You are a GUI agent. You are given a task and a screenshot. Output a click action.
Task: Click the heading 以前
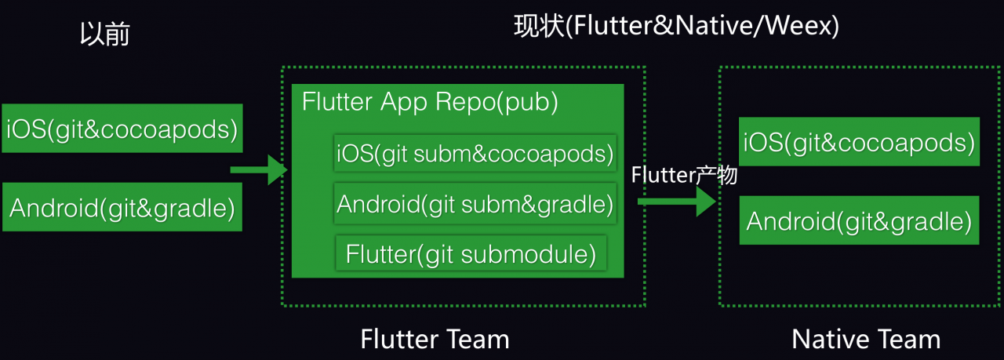(x=105, y=35)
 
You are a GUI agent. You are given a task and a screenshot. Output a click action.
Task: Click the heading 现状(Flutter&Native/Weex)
(x=676, y=27)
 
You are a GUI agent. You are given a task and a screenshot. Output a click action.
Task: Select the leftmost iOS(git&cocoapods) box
(x=122, y=128)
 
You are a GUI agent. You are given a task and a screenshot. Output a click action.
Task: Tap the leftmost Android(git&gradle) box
(x=122, y=208)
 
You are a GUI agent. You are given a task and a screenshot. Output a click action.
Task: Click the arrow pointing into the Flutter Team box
(x=259, y=169)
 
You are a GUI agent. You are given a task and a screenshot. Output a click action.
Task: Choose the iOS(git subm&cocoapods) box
(x=475, y=154)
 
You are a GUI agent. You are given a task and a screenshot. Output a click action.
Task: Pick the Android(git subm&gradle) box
(x=475, y=205)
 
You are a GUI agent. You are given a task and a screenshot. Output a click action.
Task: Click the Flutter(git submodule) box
(x=471, y=254)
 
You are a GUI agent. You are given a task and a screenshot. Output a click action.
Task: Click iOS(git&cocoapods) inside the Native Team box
(x=859, y=142)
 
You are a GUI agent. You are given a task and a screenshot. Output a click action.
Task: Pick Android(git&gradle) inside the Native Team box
(x=859, y=221)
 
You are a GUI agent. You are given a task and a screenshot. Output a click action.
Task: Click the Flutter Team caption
(x=435, y=339)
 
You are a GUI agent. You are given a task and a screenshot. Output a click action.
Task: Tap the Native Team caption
(x=866, y=339)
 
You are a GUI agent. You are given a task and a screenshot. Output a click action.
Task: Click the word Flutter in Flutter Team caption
(x=398, y=339)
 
